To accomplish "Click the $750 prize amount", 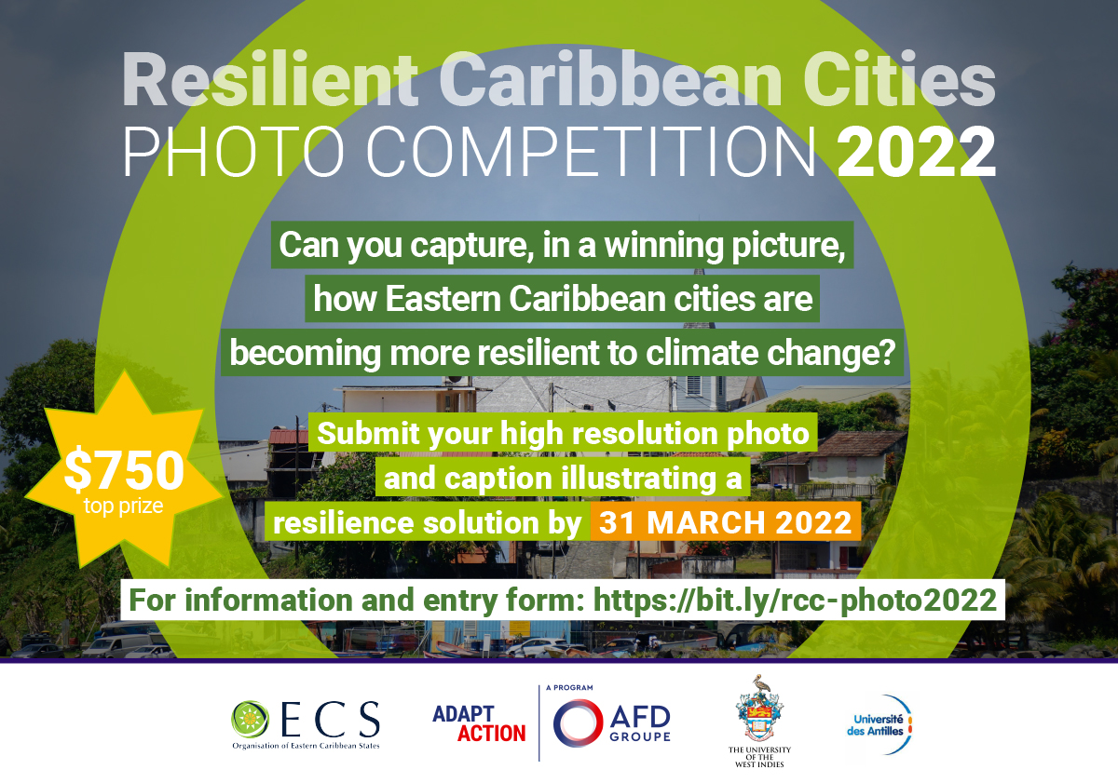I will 124,471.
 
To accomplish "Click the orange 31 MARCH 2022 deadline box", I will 721,522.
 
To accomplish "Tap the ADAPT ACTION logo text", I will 479,723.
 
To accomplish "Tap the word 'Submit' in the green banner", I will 367,433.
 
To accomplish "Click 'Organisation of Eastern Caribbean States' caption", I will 306,746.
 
